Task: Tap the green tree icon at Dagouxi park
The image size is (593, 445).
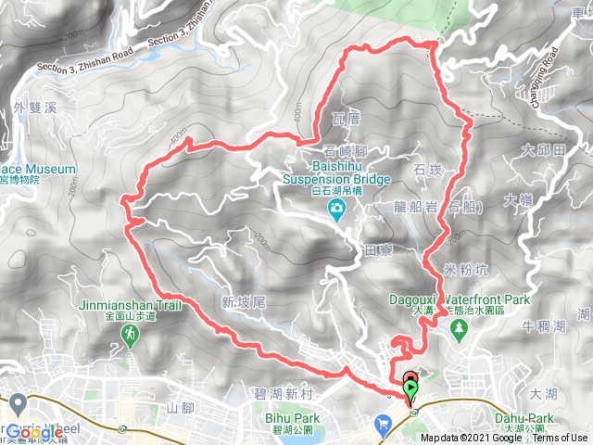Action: [x=458, y=333]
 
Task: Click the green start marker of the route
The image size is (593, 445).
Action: [x=410, y=387]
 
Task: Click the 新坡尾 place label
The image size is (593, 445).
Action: [x=244, y=301]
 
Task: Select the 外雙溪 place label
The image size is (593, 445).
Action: [x=36, y=108]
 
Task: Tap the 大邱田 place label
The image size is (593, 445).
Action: [x=542, y=150]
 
